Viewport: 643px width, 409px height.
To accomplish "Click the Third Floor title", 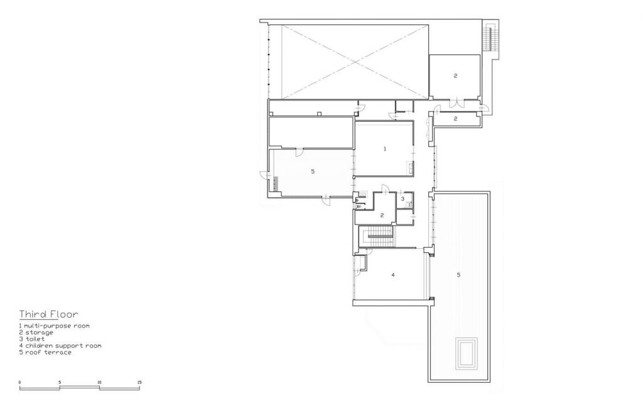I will point(48,314).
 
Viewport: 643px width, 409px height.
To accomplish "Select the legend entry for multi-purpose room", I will point(54,326).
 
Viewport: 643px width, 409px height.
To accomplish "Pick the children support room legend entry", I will point(60,346).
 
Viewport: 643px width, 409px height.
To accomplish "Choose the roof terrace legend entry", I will point(45,352).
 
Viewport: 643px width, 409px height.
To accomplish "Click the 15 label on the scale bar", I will point(139,382).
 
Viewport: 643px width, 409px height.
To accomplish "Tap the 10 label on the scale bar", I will point(99,382).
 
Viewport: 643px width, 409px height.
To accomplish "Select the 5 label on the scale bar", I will point(60,382).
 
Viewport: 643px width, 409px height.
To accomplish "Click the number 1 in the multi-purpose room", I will point(384,149).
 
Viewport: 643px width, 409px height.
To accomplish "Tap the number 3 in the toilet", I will point(403,199).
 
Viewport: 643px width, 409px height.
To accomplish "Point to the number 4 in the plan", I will point(392,275).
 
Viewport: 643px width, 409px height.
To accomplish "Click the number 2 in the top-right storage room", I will point(455,76).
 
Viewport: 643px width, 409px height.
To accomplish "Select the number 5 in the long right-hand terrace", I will point(458,275).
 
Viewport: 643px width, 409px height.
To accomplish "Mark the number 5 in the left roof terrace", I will point(312,171).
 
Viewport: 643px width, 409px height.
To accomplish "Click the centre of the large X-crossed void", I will point(355,61).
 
